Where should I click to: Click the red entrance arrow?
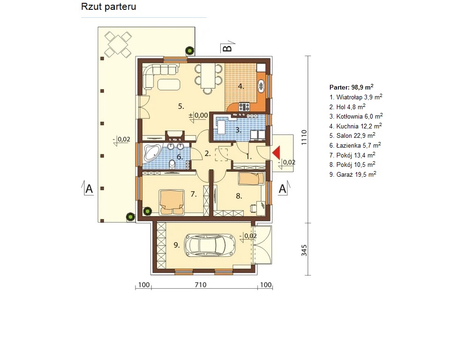point(276,153)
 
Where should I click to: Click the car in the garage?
point(209,245)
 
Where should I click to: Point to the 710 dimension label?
point(201,285)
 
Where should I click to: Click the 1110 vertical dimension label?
point(304,138)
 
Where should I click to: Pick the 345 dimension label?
point(304,250)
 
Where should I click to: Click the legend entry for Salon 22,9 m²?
point(352,135)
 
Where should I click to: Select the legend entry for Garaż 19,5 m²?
point(352,174)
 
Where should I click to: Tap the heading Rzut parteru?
point(109,7)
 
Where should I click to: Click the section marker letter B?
point(227,48)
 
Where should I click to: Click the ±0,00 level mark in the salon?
point(198,115)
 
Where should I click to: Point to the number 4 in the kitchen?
point(241,87)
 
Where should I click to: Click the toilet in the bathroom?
point(172,163)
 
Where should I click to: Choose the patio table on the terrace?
point(118,45)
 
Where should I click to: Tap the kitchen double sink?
point(261,86)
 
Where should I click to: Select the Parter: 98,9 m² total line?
point(351,87)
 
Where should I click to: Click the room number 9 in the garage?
point(176,245)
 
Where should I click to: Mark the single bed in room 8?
point(251,179)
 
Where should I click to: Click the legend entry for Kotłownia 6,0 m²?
point(356,116)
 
